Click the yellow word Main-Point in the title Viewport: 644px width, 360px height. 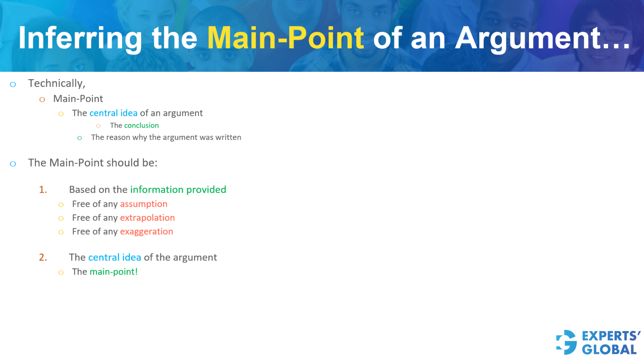coord(285,38)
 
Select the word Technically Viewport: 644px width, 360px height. coord(56,83)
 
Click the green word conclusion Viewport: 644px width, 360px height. coord(141,126)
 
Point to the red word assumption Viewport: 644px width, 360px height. coord(144,204)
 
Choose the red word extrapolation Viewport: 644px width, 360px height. coord(147,218)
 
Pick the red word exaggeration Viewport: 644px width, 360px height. coord(146,232)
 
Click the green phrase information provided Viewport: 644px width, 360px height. coord(178,190)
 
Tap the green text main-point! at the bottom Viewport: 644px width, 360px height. coord(114,272)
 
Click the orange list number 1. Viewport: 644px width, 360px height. coord(43,190)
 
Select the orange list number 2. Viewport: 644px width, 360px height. coord(43,257)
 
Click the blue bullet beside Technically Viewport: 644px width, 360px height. coord(13,84)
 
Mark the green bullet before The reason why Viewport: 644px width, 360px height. coord(80,138)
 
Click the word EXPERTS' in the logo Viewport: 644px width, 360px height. coord(610,336)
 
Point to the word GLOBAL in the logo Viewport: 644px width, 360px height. coord(609,349)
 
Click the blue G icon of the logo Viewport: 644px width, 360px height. coord(567,342)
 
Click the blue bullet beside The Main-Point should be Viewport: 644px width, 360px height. coord(13,164)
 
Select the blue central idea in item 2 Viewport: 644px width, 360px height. coord(115,257)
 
